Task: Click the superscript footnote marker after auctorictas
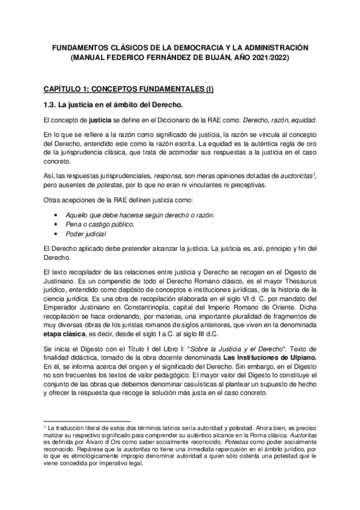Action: pos(315,173)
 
